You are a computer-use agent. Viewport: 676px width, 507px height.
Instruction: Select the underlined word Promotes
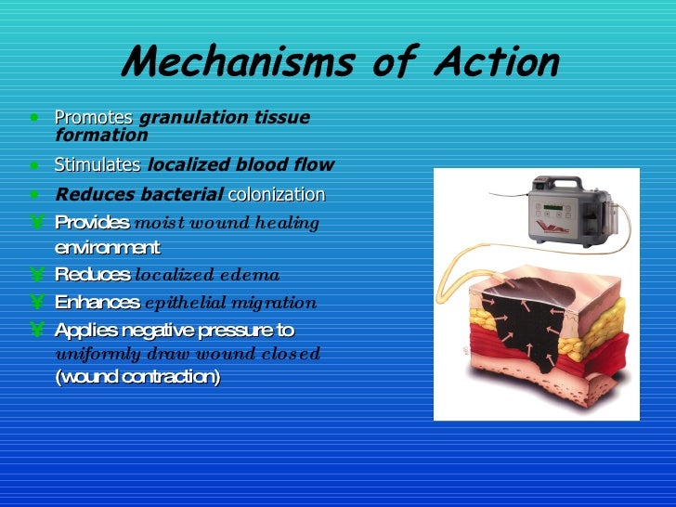click(x=94, y=118)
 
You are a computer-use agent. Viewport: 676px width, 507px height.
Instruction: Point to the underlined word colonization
click(x=276, y=195)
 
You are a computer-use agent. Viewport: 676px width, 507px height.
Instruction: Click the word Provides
click(x=92, y=223)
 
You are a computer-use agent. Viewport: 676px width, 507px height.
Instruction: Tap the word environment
click(x=107, y=248)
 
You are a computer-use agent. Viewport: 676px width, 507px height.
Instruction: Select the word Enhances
click(x=97, y=302)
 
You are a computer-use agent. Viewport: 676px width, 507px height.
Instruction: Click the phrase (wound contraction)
click(x=138, y=377)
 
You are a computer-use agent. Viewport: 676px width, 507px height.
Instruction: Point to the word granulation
click(x=185, y=118)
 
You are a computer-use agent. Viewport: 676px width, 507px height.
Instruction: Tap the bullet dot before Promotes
click(x=34, y=119)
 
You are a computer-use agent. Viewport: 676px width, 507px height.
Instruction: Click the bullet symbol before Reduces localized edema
click(x=35, y=275)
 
